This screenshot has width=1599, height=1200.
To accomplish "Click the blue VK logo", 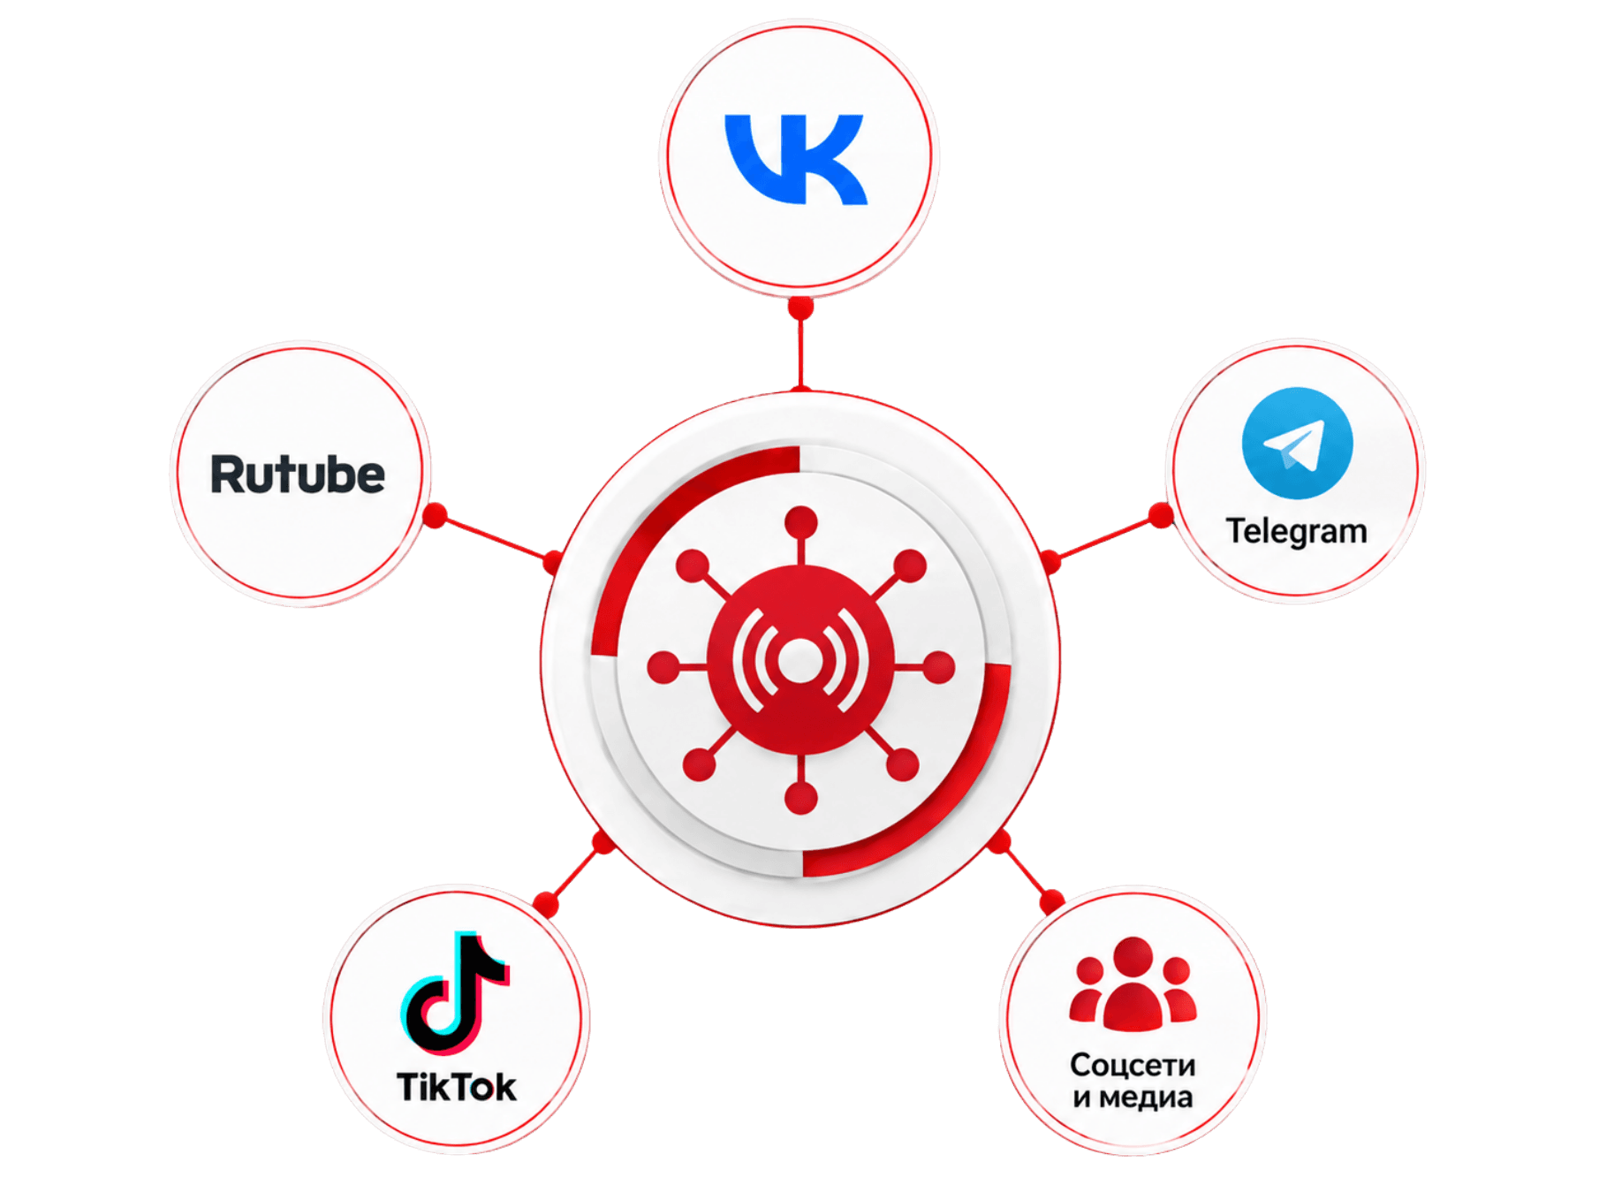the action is pos(796,159).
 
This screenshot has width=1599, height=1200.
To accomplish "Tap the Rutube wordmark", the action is pos(298,475).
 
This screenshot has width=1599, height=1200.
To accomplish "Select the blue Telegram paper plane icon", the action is pos(1297,443).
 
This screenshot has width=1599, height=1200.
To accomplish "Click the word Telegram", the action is pos(1296,532).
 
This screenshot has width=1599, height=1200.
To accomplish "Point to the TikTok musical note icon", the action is pos(455,992).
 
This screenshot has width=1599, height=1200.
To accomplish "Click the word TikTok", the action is pos(456,1087).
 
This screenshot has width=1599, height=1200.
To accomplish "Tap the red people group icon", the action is pos(1133,984).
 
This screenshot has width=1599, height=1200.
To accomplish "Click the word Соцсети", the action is pos(1133,1065).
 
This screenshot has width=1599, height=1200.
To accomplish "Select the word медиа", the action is pos(1146,1097).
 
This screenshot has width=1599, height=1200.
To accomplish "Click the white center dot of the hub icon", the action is pos(800,660).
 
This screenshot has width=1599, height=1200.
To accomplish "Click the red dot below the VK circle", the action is pos(800,307).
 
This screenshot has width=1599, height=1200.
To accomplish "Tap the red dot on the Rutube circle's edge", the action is pos(435,515).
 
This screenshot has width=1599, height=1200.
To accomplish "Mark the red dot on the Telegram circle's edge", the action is pos(1161,515).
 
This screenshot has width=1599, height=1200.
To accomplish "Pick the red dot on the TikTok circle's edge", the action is pos(546,903).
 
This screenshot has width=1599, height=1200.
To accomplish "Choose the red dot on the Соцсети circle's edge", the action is pos(1051,901).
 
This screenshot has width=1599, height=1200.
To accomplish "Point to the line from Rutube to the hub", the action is pos(494,539).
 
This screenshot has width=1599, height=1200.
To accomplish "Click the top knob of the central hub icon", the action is pos(800,522).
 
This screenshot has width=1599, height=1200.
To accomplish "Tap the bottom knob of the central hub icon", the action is pos(800,798).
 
